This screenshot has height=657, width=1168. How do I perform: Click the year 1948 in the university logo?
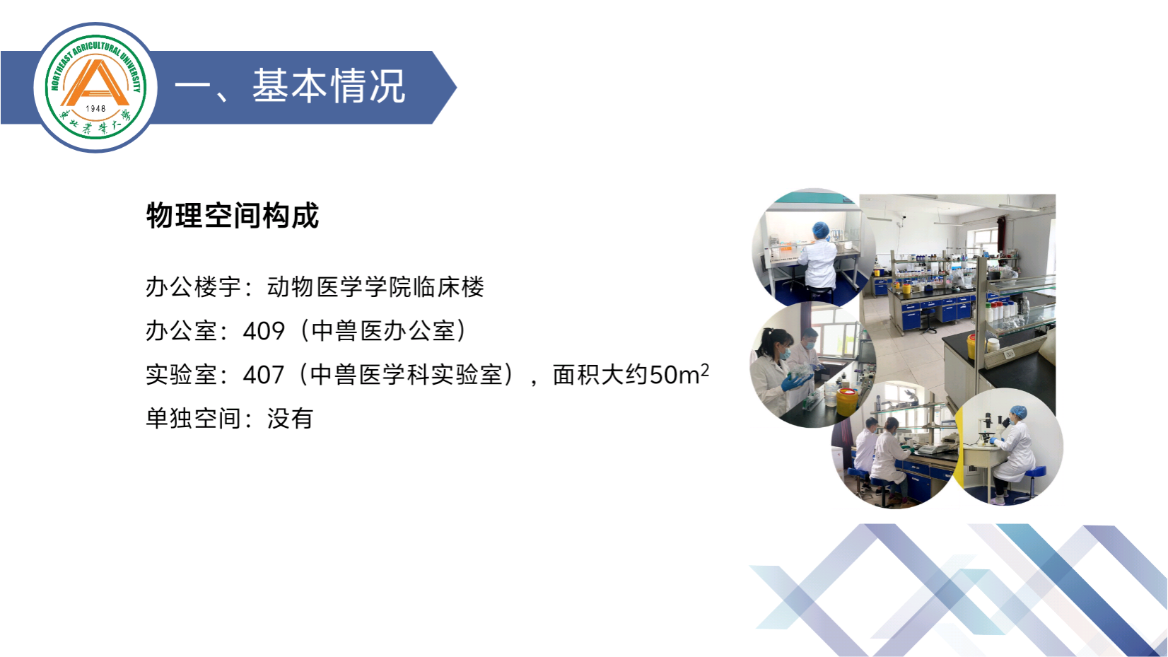click(95, 108)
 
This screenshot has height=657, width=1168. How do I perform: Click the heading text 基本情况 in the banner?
click(329, 86)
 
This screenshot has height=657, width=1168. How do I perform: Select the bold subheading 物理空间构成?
click(233, 216)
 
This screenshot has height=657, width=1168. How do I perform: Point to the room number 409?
click(264, 330)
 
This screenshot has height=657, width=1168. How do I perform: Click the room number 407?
click(264, 374)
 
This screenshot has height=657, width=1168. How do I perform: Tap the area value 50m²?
click(679, 373)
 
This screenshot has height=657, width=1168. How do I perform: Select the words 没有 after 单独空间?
click(291, 418)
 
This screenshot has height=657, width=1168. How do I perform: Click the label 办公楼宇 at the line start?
click(194, 287)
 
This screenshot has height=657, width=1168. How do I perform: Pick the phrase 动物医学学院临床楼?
click(376, 287)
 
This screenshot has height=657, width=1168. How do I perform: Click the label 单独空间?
click(194, 418)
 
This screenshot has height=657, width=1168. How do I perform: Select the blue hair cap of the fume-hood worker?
click(821, 229)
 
